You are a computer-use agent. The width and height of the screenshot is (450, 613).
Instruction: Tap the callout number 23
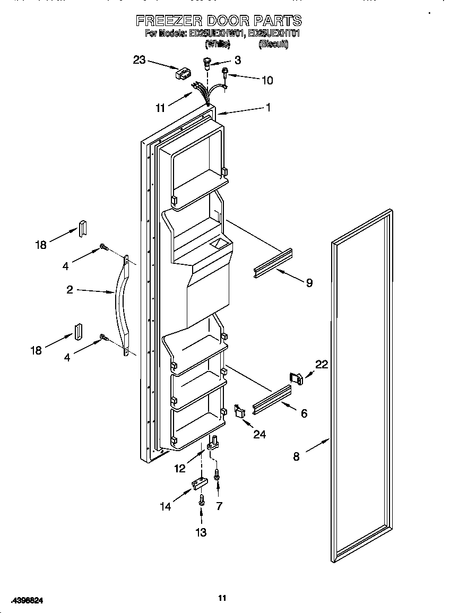pyautogui.click(x=139, y=60)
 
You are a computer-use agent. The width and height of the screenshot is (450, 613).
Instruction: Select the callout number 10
pyautogui.click(x=267, y=80)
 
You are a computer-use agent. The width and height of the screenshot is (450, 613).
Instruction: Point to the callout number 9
pyautogui.click(x=309, y=282)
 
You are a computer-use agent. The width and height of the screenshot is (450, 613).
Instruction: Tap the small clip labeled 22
pyautogui.click(x=296, y=378)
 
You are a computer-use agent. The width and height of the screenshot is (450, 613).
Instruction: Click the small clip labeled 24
pyautogui.click(x=240, y=411)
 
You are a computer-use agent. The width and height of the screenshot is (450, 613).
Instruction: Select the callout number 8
pyautogui.click(x=296, y=456)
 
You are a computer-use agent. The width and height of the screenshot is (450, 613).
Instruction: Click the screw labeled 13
pyautogui.click(x=202, y=500)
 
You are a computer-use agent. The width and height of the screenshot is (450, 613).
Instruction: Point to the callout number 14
pyautogui.click(x=166, y=506)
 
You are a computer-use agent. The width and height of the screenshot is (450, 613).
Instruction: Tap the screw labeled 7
pyautogui.click(x=217, y=474)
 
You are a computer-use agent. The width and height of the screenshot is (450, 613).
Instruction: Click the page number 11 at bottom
pyautogui.click(x=222, y=598)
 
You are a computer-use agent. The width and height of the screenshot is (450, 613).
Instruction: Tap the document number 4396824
pyautogui.click(x=27, y=600)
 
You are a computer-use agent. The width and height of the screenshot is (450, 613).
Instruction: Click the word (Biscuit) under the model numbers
pyautogui.click(x=273, y=45)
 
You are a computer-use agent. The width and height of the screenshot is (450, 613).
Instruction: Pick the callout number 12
pyautogui.click(x=180, y=468)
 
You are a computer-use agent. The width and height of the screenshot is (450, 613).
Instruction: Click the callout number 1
pyautogui.click(x=268, y=108)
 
